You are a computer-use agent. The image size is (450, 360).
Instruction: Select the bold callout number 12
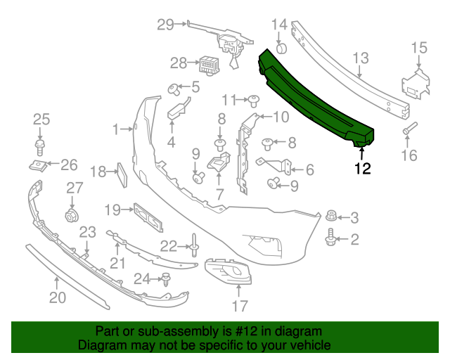(x=362, y=168)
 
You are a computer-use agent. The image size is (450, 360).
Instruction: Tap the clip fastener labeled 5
(x=172, y=89)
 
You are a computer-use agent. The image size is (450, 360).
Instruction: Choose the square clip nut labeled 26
(x=39, y=166)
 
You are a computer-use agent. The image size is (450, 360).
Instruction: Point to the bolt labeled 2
(x=330, y=240)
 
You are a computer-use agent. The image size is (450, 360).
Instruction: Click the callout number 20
(x=57, y=297)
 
